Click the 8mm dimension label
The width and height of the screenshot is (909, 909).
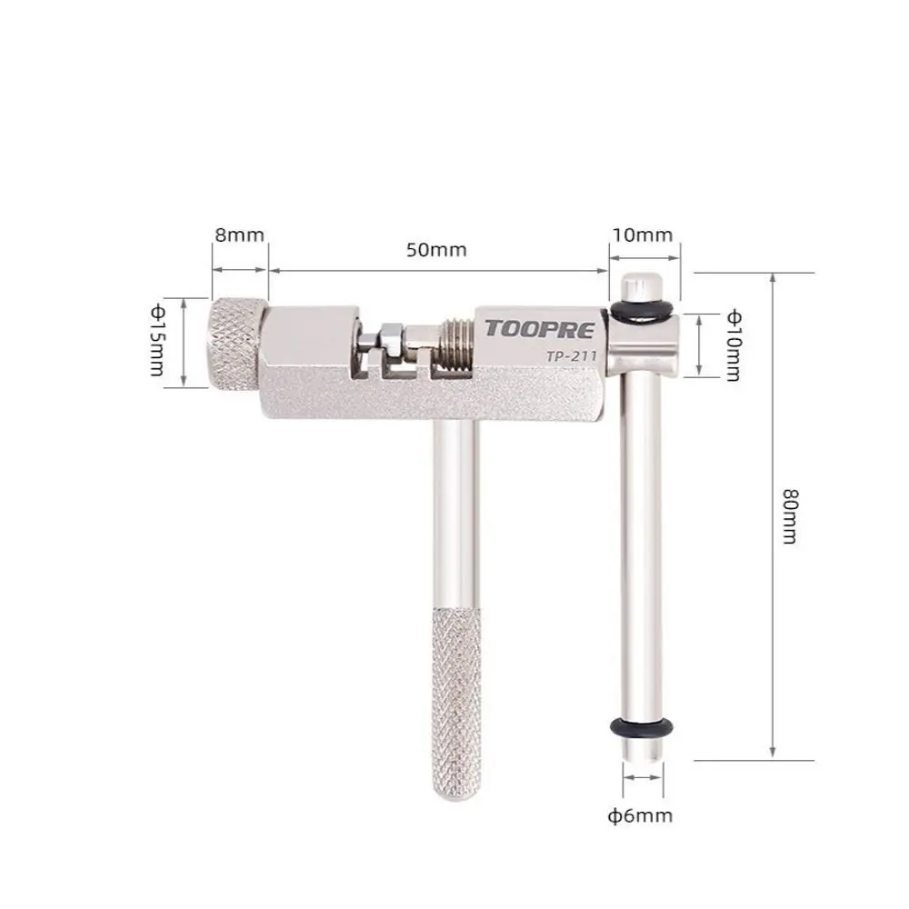(x=239, y=235)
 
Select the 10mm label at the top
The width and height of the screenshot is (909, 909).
(x=642, y=235)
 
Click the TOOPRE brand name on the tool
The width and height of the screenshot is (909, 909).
(x=534, y=329)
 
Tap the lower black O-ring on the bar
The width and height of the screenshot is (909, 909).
(x=642, y=728)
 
